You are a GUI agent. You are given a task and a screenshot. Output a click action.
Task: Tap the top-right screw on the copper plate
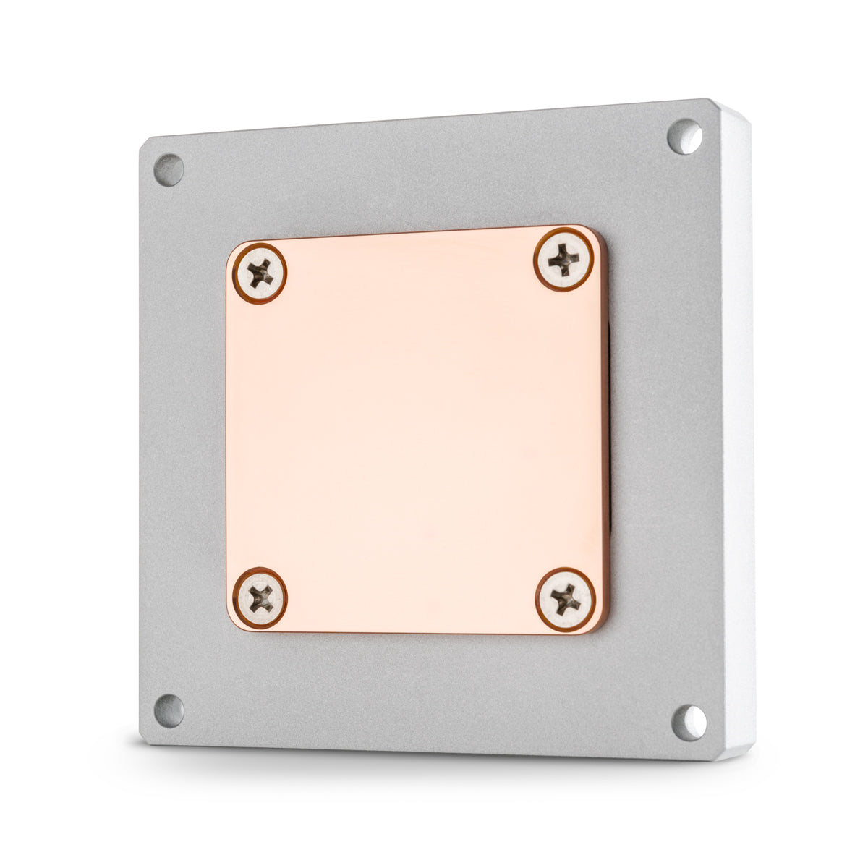click(x=564, y=258)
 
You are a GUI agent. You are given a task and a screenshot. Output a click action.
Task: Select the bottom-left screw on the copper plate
click(x=260, y=597)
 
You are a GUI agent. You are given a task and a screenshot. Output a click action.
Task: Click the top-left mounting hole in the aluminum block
click(x=169, y=170)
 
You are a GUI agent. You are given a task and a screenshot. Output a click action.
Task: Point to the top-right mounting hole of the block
click(x=684, y=137)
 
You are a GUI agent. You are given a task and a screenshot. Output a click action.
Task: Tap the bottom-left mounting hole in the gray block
click(x=169, y=710)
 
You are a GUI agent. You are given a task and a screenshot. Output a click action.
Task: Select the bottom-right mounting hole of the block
click(x=689, y=722)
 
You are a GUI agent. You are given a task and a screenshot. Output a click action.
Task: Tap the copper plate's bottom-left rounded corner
click(x=233, y=624)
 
